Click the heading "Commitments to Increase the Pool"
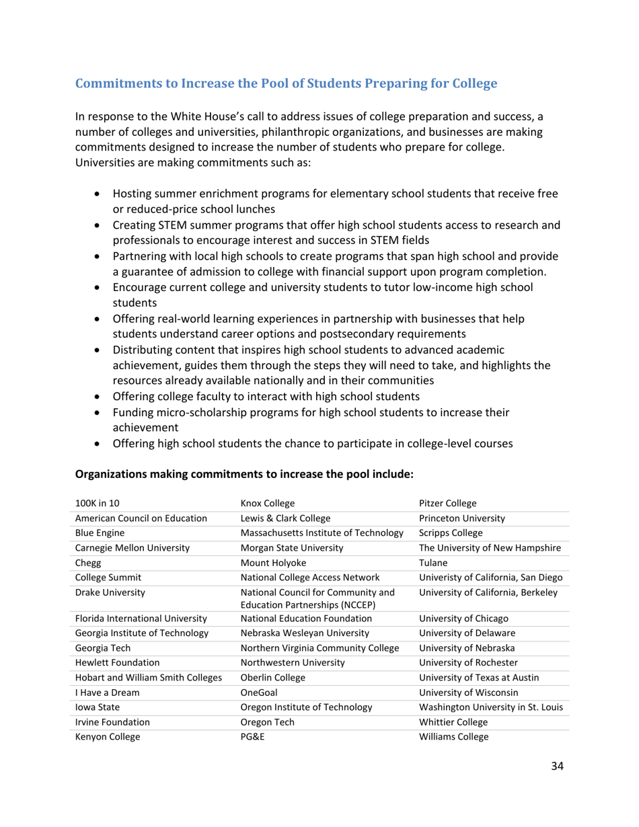coord(286,84)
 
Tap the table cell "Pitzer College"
coord(447,504)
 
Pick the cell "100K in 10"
coord(98,504)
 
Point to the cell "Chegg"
coord(88,562)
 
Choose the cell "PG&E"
coord(253,737)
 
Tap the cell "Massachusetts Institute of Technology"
coord(322,533)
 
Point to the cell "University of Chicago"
coord(463,619)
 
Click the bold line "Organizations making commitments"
coord(243,474)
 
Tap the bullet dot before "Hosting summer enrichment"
coord(99,194)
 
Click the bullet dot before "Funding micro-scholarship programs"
coord(99,412)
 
